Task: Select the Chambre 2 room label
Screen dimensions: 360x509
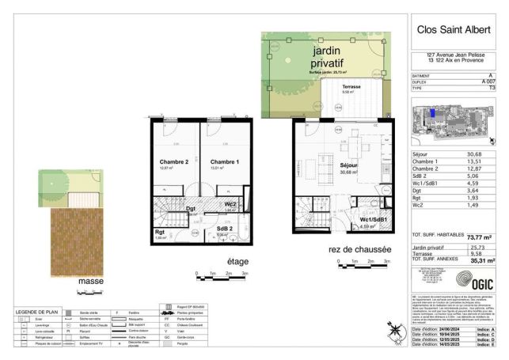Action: [x=173, y=161]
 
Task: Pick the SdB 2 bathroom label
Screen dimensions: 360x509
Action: [x=225, y=229]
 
